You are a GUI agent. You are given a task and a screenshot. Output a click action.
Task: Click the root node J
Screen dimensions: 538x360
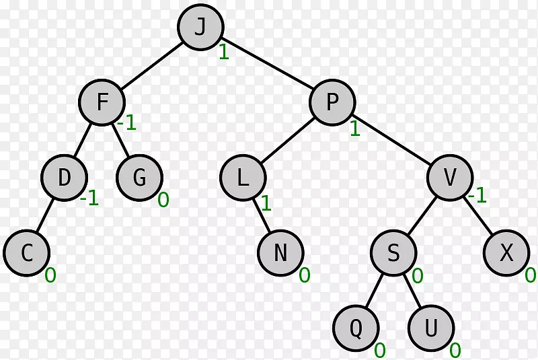tap(200, 27)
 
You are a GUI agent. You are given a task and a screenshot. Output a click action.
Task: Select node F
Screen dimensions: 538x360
tap(102, 102)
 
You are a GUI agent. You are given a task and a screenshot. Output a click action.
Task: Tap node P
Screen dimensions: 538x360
tap(332, 102)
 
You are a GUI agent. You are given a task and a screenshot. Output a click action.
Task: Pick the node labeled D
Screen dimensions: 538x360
tap(64, 178)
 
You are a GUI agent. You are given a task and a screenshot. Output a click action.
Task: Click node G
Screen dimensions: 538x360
tap(140, 178)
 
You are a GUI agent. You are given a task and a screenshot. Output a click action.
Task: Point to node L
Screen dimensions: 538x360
tap(243, 178)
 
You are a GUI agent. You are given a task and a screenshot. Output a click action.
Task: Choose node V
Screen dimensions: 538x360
tap(450, 178)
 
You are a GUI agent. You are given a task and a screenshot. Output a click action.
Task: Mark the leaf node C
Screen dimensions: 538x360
tap(27, 253)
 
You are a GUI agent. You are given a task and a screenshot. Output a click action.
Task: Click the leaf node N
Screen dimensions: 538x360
tap(280, 253)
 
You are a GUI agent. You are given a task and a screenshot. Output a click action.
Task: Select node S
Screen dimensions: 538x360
tap(393, 253)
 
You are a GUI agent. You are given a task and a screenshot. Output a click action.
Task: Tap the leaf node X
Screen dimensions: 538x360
tap(506, 253)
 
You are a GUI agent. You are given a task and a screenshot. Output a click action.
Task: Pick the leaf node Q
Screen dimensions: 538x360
tap(356, 328)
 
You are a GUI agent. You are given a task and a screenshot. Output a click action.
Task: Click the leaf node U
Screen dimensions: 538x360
tap(431, 328)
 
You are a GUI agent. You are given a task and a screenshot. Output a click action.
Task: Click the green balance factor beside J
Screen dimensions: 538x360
tap(224, 52)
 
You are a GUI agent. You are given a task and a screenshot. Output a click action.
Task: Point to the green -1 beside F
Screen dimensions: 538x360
tap(127, 122)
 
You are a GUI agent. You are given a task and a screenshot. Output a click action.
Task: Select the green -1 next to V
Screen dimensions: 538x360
tap(477, 195)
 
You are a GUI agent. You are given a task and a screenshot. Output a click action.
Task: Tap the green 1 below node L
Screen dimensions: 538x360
tap(266, 203)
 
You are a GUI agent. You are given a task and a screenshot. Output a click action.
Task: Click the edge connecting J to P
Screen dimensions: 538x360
tap(266, 63)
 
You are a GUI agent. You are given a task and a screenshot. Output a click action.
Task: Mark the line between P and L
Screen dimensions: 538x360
tap(288, 141)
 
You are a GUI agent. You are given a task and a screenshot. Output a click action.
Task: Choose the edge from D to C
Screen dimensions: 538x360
tap(45, 215)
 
